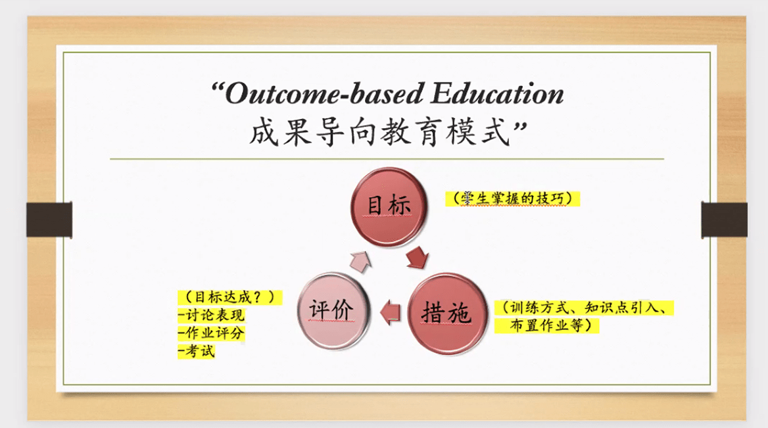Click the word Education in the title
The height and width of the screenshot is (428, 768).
497,93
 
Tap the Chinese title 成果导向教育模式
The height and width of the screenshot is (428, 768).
380,132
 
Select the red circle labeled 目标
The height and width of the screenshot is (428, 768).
389,206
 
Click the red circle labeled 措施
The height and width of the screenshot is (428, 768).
447,314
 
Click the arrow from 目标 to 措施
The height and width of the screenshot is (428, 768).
418,258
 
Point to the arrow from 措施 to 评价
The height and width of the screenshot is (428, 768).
391,312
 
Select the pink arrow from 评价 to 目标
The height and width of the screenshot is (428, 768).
360,262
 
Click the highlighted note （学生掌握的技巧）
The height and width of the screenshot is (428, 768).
512,199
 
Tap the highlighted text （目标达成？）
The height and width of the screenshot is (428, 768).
229,297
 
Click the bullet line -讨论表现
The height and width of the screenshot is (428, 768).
211,315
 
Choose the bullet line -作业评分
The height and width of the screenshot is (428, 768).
211,333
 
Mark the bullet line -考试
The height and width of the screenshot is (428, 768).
197,351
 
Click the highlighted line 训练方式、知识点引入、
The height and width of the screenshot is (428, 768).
584,308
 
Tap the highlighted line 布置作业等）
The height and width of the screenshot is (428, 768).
546,325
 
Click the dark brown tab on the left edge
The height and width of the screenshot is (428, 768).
49,220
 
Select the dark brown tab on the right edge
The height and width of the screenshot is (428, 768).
725,220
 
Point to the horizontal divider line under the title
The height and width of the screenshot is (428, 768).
387,159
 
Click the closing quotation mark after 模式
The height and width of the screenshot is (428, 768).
519,128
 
